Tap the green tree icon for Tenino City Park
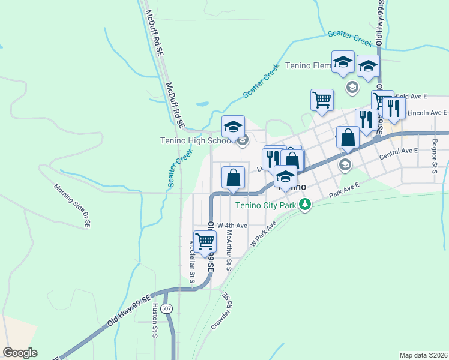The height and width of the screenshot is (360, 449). tap(306, 205)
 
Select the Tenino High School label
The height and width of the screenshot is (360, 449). tap(197, 141)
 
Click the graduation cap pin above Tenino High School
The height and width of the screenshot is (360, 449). tap(233, 127)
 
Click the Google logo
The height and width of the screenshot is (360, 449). tap(20, 353)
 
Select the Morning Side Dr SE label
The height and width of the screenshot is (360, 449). tap(71, 206)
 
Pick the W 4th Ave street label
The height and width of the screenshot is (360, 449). tap(232, 226)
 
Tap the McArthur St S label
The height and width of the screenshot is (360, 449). tap(229, 251)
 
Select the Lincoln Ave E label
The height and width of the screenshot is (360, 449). tap(427, 113)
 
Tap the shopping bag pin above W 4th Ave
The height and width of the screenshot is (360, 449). tap(233, 178)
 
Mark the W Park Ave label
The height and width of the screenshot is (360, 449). tap(262, 233)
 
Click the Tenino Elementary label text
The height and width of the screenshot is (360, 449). tap(309, 65)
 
